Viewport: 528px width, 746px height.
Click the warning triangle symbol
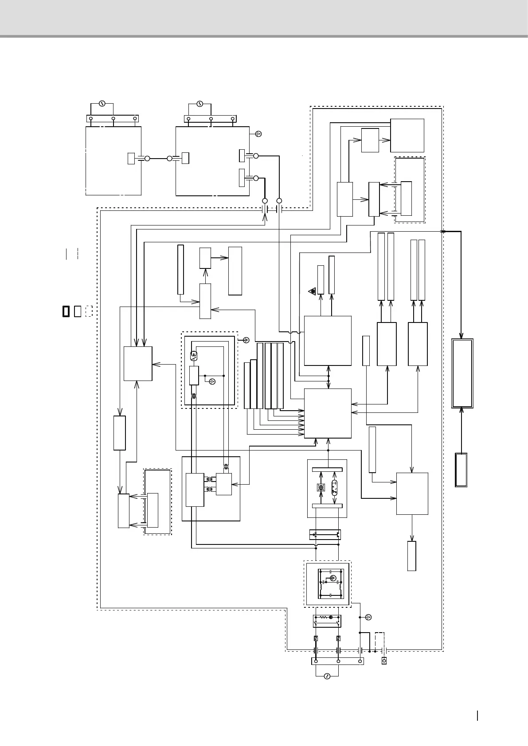[x=313, y=291]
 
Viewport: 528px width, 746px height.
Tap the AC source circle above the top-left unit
[x=102, y=104]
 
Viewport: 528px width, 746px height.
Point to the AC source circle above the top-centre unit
[x=200, y=104]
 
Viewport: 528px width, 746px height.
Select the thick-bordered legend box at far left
[x=66, y=311]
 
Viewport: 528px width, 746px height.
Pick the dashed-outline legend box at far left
[x=89, y=311]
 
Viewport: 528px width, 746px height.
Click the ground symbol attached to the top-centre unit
[x=259, y=133]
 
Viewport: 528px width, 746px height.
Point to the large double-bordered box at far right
[x=462, y=373]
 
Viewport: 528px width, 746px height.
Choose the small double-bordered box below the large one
[x=461, y=470]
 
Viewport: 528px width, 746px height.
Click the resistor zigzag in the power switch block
[x=324, y=617]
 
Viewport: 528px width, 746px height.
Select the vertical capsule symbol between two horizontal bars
[x=335, y=486]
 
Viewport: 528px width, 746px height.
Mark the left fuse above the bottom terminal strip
[x=316, y=638]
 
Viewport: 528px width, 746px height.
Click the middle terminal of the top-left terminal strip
[x=113, y=119]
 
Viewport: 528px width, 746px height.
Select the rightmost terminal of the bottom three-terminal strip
[x=360, y=661]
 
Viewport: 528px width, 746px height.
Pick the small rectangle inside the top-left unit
[x=131, y=158]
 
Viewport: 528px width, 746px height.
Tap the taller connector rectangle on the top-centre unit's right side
[x=242, y=178]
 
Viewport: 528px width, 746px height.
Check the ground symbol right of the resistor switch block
[x=368, y=617]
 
